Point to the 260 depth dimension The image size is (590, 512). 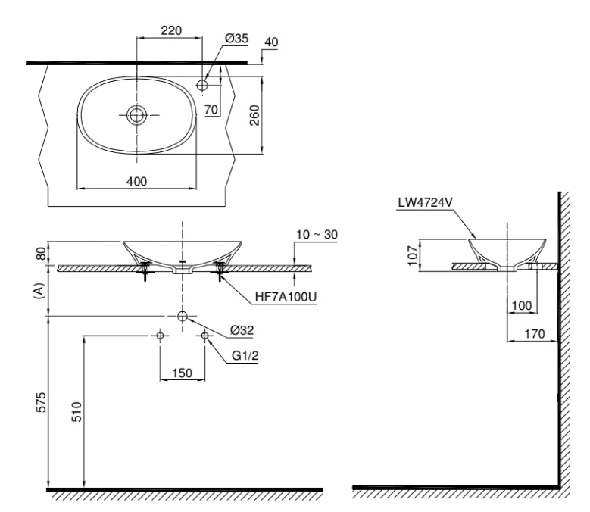(x=255, y=115)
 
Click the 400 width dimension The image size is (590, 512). (x=136, y=182)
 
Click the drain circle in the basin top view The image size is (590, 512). (x=136, y=115)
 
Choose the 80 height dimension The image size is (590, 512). (x=40, y=253)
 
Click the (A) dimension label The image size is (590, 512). (x=40, y=292)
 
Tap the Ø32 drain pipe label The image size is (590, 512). (x=242, y=329)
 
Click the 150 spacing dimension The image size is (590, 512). (x=182, y=373)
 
